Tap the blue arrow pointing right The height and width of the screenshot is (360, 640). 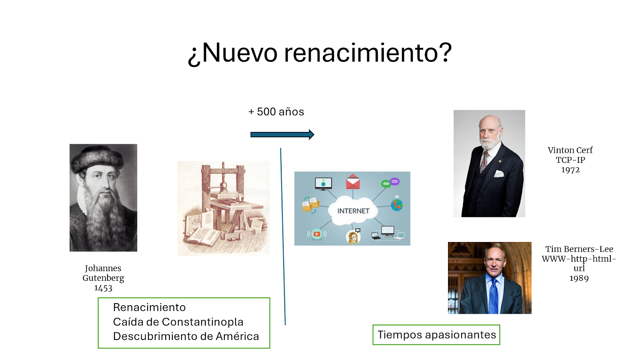(282, 134)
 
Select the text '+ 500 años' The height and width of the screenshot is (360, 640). (276, 112)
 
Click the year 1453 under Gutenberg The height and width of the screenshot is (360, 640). (103, 288)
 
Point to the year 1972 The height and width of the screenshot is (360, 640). (570, 170)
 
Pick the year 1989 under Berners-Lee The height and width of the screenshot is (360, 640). (579, 278)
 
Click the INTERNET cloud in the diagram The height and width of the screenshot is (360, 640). (353, 211)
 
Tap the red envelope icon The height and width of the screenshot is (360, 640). (353, 182)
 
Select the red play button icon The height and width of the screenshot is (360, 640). (316, 234)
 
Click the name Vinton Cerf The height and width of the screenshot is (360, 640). (570, 150)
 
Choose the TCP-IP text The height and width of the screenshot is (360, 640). (570, 160)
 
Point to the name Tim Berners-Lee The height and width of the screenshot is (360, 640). (579, 249)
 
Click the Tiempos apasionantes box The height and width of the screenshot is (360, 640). (436, 334)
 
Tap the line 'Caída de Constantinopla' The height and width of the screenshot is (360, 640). (178, 322)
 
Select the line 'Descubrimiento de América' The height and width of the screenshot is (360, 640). (186, 336)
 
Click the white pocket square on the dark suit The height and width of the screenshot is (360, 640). (498, 174)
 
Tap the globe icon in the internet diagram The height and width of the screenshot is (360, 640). (397, 204)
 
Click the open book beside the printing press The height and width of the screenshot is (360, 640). (203, 237)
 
